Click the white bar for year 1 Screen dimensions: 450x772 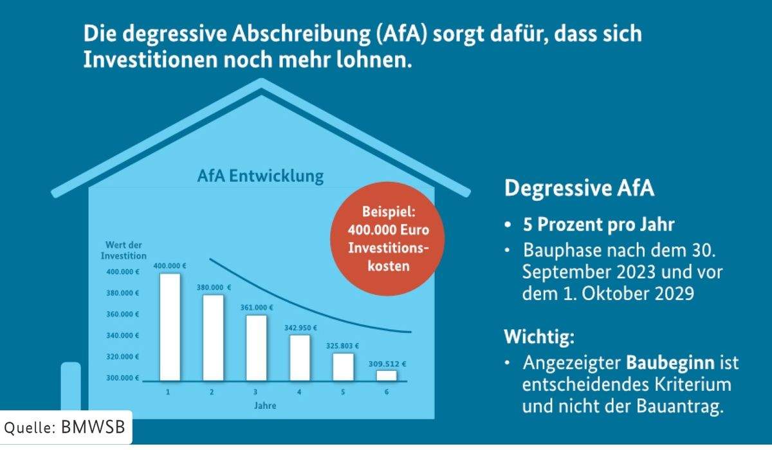click(170, 327)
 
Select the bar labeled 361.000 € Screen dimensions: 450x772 click(256, 348)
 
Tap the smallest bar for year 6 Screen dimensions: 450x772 click(387, 375)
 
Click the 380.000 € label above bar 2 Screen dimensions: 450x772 click(214, 287)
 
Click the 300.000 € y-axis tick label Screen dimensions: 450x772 click(123, 377)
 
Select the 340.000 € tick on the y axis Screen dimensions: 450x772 click(123, 335)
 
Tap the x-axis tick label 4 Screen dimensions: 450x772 click(299, 392)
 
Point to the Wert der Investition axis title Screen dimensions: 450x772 click(124, 250)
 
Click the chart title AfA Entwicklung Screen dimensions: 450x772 click(261, 176)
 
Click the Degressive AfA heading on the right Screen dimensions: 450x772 click(579, 189)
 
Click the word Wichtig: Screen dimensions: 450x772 click(538, 336)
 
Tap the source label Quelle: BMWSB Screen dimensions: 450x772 click(66, 427)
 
